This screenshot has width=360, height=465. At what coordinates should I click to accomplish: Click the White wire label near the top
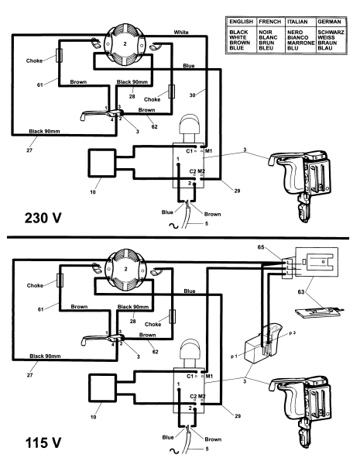click(181, 32)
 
